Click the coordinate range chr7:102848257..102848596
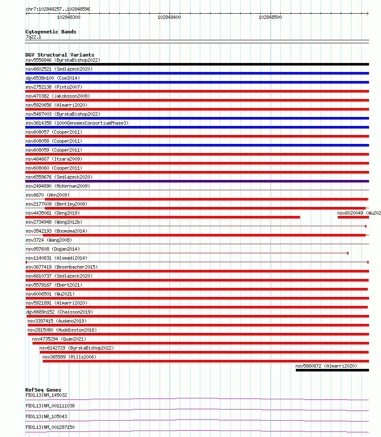(x=58, y=9)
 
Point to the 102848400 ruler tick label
(x=169, y=18)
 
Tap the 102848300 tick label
(x=68, y=18)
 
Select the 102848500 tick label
(x=270, y=18)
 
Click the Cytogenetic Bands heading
(x=51, y=32)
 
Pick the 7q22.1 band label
(x=33, y=37)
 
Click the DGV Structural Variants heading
(x=60, y=55)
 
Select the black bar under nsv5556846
(x=197, y=64)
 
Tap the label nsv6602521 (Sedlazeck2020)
(x=59, y=69)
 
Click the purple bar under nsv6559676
(x=197, y=181)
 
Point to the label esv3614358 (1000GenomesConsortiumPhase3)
(x=77, y=123)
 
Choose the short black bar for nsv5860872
(x=332, y=370)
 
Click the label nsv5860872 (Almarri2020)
(x=326, y=366)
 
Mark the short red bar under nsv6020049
(x=352, y=217)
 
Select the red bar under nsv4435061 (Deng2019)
(x=163, y=217)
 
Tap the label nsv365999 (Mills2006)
(x=69, y=357)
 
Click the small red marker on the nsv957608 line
(x=348, y=253)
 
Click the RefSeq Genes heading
(x=43, y=390)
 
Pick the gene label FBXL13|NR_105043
(x=46, y=416)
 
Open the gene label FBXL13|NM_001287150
(x=50, y=427)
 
